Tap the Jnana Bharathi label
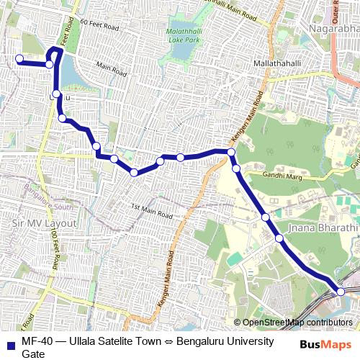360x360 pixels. pyautogui.click(x=323, y=228)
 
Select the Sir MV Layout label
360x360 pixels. pyautogui.click(x=43, y=223)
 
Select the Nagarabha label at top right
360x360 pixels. pyautogui.click(x=332, y=28)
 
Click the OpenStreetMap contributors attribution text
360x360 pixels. pyautogui.click(x=297, y=322)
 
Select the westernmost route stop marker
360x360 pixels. pyautogui.click(x=19, y=59)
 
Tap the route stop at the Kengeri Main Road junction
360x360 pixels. pyautogui.click(x=231, y=152)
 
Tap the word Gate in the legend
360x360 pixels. pyautogui.click(x=33, y=354)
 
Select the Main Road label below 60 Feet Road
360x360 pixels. pyautogui.click(x=110, y=71)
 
